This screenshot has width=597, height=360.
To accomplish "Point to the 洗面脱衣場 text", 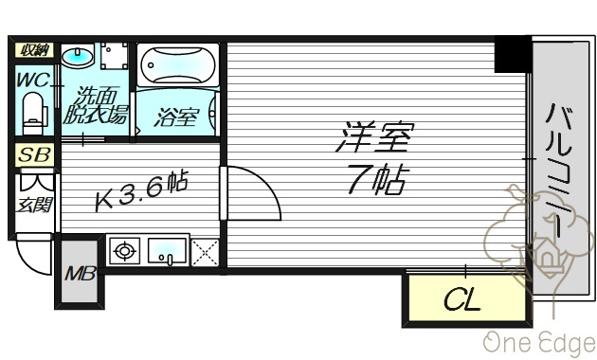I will [x=95, y=106].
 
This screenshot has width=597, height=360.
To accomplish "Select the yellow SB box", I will [x=34, y=154].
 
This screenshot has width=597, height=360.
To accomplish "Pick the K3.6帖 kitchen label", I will [x=143, y=194].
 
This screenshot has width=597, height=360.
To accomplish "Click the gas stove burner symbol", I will [x=124, y=251].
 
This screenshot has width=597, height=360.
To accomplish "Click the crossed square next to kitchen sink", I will [x=204, y=251].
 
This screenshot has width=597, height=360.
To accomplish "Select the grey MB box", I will [x=78, y=275].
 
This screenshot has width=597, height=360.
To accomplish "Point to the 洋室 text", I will [x=373, y=139].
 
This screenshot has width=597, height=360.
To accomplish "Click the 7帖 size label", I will [x=375, y=181].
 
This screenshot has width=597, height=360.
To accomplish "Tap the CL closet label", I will [x=462, y=301].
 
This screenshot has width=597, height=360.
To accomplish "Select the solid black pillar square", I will [x=512, y=54].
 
